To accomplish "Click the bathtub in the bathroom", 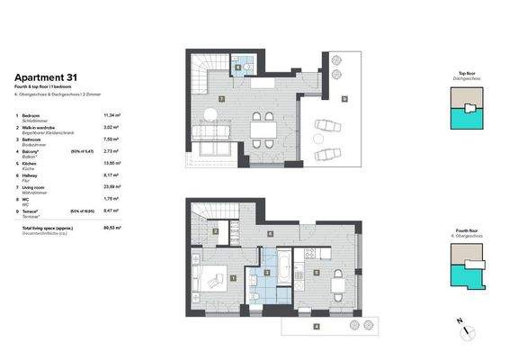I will click(278, 267).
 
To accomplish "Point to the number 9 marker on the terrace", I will click(344, 98).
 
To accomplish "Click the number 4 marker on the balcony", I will click(316, 325).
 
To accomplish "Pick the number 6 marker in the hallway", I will click(271, 233).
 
